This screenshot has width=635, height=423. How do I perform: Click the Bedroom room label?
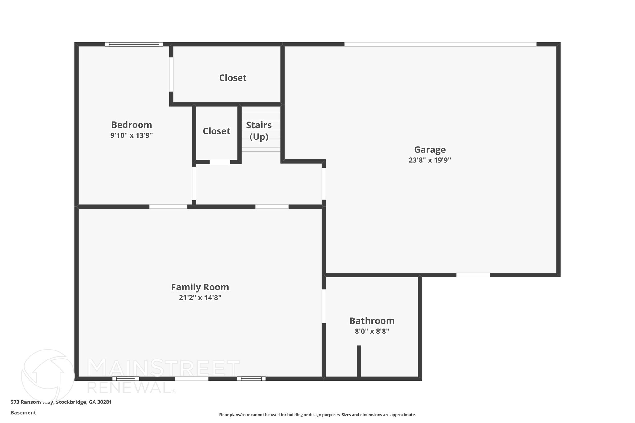(x=131, y=125)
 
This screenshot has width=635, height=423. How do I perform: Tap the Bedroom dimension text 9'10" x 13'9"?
(x=131, y=135)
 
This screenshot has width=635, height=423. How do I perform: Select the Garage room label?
(x=430, y=150)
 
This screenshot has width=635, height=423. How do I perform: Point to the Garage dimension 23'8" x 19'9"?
(x=430, y=160)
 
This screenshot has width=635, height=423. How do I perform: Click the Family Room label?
(x=200, y=287)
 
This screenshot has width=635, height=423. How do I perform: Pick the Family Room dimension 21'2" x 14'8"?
(x=200, y=298)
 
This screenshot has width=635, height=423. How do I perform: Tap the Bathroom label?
(x=372, y=321)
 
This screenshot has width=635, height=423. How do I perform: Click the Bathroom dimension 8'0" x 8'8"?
(x=372, y=331)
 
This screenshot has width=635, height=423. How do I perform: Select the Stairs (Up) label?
(x=259, y=130)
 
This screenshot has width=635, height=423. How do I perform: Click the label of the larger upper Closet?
(x=233, y=78)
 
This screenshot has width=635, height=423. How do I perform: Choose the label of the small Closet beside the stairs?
(x=216, y=131)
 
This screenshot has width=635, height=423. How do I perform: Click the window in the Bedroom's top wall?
(x=134, y=45)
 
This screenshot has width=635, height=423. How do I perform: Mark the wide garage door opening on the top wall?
(x=440, y=45)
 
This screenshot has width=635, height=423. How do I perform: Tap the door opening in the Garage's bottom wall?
(x=473, y=275)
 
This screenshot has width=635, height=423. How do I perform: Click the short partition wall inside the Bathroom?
(x=359, y=361)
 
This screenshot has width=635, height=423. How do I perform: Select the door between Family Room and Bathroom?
(x=324, y=306)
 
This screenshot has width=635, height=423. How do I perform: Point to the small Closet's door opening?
(x=220, y=162)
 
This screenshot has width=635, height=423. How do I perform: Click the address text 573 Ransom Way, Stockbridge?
(x=61, y=402)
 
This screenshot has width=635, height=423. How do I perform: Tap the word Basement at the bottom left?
(x=23, y=413)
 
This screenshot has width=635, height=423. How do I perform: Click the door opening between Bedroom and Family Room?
(x=168, y=207)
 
